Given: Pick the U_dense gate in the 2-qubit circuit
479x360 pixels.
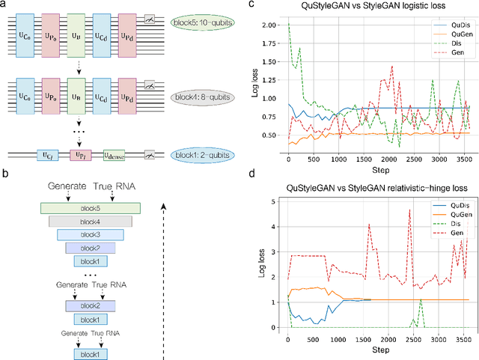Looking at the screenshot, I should point(119,155).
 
